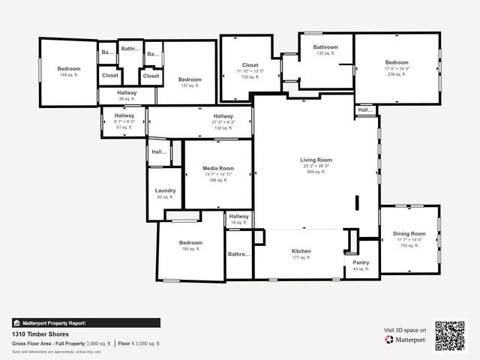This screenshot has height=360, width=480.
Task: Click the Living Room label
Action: click(x=316, y=160)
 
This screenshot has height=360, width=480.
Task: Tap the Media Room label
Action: click(x=218, y=169)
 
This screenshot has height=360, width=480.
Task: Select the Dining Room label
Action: click(x=409, y=234)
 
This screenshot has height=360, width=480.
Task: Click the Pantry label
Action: click(x=361, y=262)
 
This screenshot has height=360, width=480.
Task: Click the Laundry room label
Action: click(x=165, y=190)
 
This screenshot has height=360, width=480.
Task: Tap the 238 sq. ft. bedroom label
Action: click(x=397, y=62)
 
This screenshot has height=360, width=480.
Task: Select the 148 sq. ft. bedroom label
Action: click(x=68, y=69)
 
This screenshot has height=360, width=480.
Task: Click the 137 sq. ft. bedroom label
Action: click(x=190, y=79)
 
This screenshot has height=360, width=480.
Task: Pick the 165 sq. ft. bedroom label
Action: click(x=190, y=243)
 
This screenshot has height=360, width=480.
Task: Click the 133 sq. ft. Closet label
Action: click(x=250, y=65)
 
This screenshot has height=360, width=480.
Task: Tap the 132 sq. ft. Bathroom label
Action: click(x=325, y=47)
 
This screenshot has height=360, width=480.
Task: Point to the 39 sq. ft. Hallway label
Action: click(x=127, y=93)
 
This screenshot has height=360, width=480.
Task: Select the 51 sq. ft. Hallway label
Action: click(x=124, y=115)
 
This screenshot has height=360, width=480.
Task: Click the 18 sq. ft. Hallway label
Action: click(x=238, y=217)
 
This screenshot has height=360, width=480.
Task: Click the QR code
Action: click(x=450, y=336)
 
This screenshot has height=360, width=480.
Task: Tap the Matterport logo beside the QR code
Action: click(x=406, y=340)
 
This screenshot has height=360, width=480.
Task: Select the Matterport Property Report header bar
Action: click(x=85, y=322)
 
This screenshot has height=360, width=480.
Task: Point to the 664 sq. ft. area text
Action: click(x=316, y=172)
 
